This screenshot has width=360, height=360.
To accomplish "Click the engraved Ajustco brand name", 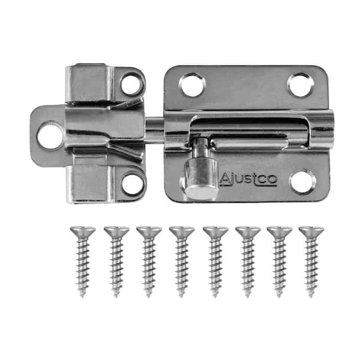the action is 248,179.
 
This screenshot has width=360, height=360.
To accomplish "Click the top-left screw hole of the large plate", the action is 192,84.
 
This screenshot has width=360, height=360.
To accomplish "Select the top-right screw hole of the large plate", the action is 301,85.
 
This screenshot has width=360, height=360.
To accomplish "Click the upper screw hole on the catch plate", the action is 132,84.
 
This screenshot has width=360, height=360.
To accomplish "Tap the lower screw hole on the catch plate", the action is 133,184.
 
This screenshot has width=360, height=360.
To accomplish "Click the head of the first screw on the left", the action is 83,232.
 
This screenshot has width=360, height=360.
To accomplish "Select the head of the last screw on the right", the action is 311,232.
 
